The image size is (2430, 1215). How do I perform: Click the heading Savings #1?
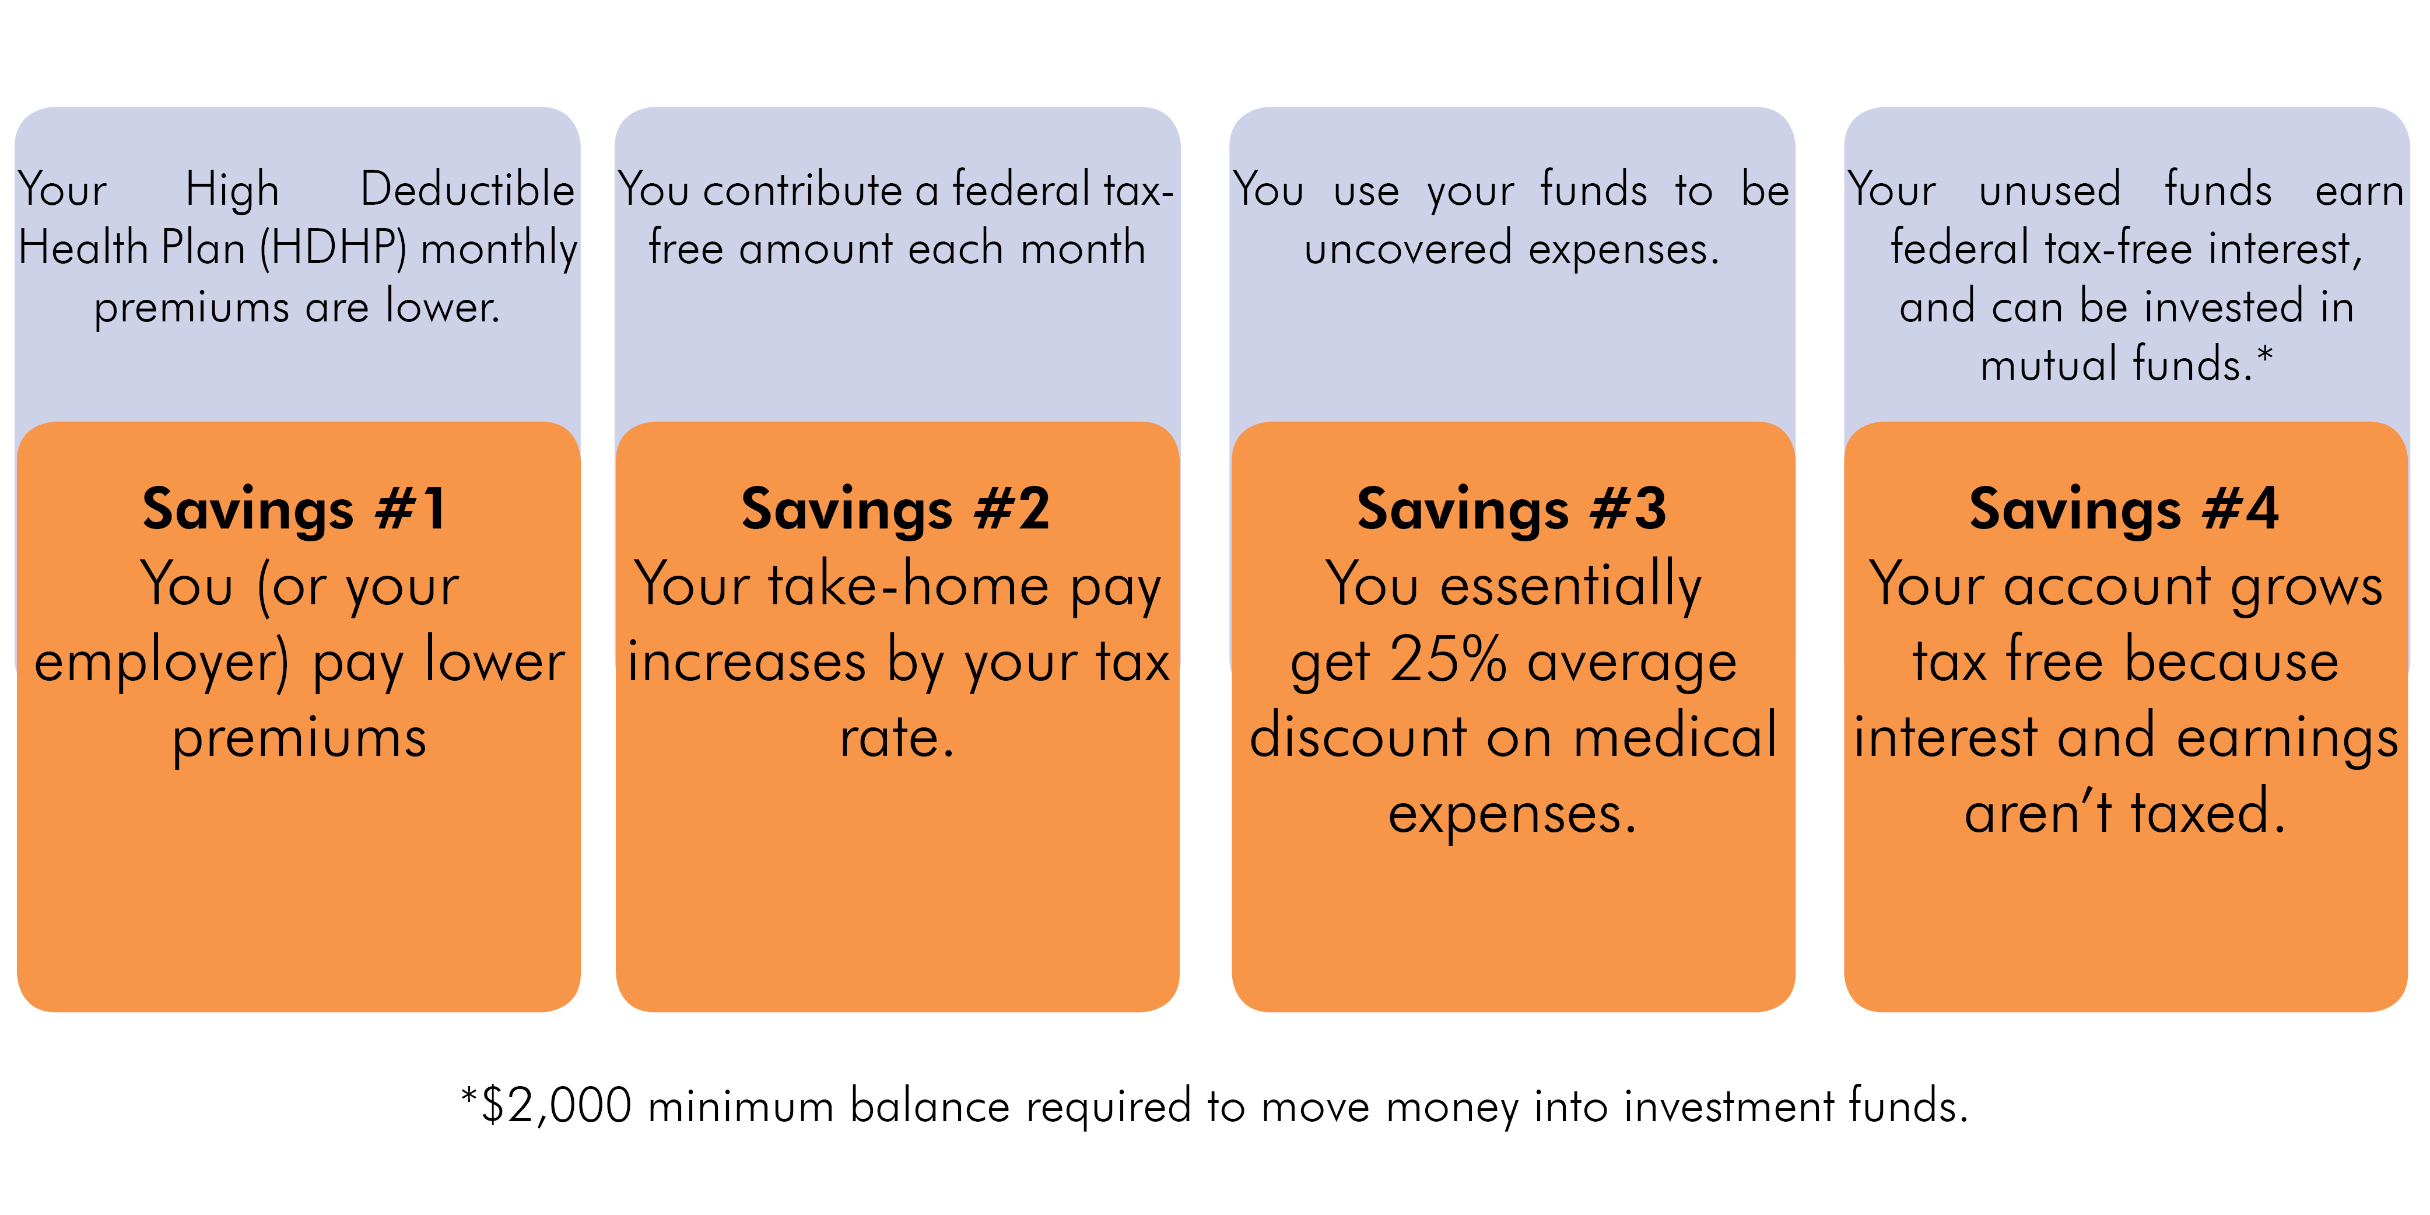(x=295, y=510)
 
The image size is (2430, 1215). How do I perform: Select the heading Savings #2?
(x=895, y=510)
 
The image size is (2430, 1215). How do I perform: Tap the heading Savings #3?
(x=1512, y=510)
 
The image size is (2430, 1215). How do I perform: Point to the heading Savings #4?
(x=2124, y=510)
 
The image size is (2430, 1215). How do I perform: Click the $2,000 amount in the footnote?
(x=556, y=1105)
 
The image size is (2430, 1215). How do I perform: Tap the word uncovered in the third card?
(x=1407, y=249)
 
